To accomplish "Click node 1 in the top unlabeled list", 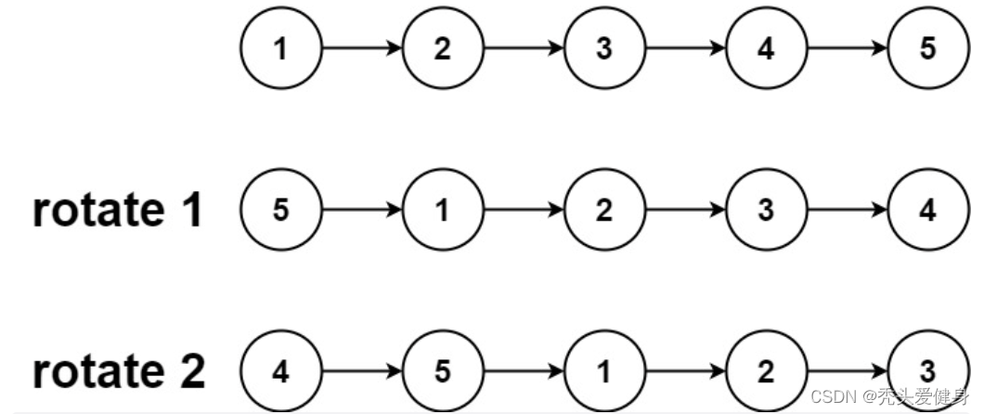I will click(280, 49).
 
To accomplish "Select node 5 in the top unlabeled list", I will click(928, 49).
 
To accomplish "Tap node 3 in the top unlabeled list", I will click(604, 49).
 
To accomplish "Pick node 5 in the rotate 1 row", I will click(280, 211).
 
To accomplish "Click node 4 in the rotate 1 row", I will click(928, 211).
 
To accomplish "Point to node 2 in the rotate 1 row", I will click(604, 211).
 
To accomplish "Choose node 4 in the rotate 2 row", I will click(280, 372).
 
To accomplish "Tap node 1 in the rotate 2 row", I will click(604, 372).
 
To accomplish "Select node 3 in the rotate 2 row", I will click(928, 372).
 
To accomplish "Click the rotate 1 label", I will click(118, 212).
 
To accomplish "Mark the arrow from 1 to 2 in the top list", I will click(361, 49).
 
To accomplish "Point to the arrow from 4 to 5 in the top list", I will click(848, 49).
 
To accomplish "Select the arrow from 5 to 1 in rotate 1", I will click(361, 211).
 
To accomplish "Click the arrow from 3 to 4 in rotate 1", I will click(848, 211).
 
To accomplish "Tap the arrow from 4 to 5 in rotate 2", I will click(361, 372).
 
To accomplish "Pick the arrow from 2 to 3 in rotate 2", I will click(848, 372).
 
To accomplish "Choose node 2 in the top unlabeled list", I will click(442, 49).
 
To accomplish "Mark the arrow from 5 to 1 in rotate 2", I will click(524, 372).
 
